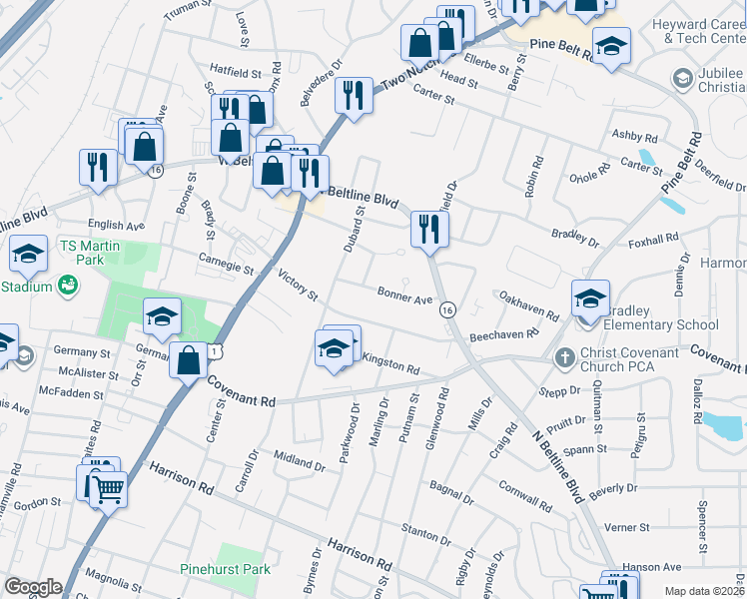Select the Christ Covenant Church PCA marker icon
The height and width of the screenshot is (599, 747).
point(565,356)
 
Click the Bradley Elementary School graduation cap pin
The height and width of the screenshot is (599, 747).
point(590,298)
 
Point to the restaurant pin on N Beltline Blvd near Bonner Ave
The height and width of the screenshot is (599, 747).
point(430,229)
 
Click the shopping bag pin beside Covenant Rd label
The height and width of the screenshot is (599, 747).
point(189,360)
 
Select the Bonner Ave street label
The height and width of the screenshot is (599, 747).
point(404,297)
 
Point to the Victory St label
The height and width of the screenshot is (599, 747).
point(298,287)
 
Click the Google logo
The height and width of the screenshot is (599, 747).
point(33,587)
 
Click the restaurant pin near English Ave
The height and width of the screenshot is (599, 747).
point(98,167)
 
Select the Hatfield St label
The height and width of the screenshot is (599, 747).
point(236,73)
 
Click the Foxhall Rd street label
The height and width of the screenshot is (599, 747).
point(653,241)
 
